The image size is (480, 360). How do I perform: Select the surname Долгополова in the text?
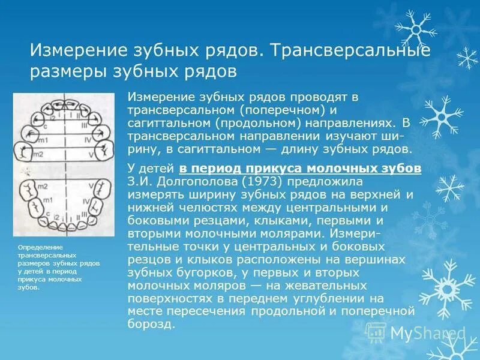point(176,181)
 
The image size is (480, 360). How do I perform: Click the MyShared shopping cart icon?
point(376,331)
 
